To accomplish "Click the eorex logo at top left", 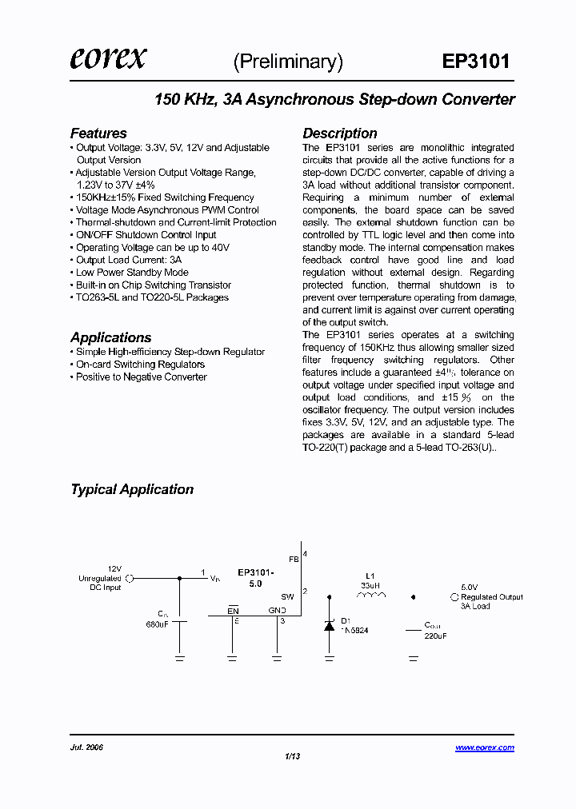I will pyautogui.click(x=108, y=59).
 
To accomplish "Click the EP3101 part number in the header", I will pyautogui.click(x=475, y=62).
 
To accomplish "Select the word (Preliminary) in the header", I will pyautogui.click(x=288, y=62).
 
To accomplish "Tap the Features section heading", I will pyautogui.click(x=98, y=134).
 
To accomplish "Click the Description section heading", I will pyautogui.click(x=339, y=134).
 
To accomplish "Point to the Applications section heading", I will pyautogui.click(x=110, y=337).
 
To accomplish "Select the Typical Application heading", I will pyautogui.click(x=132, y=489).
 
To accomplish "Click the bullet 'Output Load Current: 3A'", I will pyautogui.click(x=128, y=260).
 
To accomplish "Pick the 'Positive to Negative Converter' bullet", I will pyautogui.click(x=141, y=377).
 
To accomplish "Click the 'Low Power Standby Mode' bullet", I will pyautogui.click(x=132, y=273).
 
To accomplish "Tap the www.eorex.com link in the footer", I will pyautogui.click(x=485, y=747).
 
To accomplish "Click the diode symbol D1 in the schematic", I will pyautogui.click(x=329, y=626).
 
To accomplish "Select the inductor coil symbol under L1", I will pyautogui.click(x=370, y=596).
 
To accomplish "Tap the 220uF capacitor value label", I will pyautogui.click(x=435, y=636).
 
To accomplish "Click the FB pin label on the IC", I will pyautogui.click(x=293, y=560).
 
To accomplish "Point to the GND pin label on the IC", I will pyautogui.click(x=277, y=610).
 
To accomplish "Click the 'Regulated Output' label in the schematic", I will pyautogui.click(x=492, y=597).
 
